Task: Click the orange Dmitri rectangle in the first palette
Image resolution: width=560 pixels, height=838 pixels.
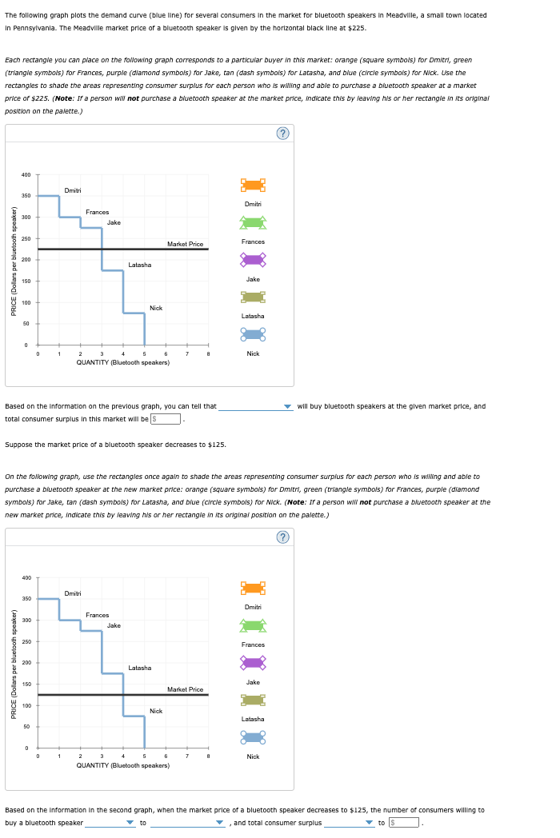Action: [253, 185]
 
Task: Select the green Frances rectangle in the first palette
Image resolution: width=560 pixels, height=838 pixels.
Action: [253, 222]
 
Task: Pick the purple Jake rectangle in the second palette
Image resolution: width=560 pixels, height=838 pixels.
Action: [253, 662]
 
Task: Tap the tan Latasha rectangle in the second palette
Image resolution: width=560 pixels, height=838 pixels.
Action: [253, 700]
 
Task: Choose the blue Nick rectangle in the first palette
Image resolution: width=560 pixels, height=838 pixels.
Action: [253, 334]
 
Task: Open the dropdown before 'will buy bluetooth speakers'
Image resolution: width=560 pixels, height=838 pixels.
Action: [256, 406]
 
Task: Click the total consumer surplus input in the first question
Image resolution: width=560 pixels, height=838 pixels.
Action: [168, 418]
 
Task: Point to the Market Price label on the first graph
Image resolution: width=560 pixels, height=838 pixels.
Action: [185, 244]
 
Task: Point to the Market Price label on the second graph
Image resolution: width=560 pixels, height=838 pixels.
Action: [185, 689]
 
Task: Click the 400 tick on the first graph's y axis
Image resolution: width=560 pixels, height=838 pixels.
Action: [26, 174]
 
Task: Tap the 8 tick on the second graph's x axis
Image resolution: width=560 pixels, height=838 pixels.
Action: [208, 756]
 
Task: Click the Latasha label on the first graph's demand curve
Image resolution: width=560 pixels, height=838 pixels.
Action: [139, 265]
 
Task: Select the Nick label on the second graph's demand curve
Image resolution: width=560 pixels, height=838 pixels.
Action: [156, 711]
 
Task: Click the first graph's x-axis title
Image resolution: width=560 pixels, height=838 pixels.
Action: [122, 362]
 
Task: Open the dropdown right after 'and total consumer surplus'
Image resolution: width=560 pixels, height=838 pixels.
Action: [349, 822]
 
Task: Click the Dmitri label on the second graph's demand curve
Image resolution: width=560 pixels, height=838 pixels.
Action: [72, 593]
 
